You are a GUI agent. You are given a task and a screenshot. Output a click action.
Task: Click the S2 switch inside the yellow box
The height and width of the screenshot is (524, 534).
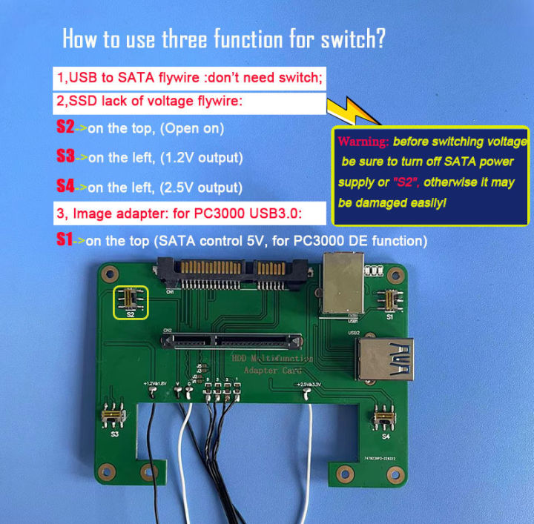pos(130,301)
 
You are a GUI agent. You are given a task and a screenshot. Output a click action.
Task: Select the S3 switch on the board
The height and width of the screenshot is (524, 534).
pos(114,420)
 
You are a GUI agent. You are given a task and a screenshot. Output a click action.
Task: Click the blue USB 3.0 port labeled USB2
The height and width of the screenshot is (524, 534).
pos(390,359)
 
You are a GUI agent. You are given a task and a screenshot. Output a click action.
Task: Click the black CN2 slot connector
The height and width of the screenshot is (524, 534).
pos(231,341)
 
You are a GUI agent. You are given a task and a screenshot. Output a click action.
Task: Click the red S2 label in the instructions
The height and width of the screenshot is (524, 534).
pos(65,127)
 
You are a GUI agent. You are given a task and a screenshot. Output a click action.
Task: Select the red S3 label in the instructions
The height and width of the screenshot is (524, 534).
pos(65,156)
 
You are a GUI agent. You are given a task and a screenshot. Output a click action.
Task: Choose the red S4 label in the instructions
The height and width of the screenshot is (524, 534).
pos(65,185)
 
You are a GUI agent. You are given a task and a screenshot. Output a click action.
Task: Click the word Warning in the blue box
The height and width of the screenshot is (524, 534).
pos(363,142)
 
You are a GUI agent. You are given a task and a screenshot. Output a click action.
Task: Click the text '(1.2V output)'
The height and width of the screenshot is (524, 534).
pos(205,158)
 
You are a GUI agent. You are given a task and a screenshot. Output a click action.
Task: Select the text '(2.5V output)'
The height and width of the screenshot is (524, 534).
pos(205,187)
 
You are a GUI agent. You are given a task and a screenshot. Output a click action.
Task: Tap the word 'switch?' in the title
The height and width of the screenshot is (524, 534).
pos(346,39)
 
